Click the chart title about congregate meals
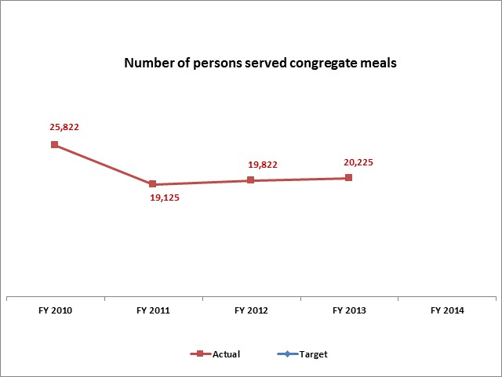point(260,63)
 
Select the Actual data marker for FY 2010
point(54,144)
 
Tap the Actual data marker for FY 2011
point(152,184)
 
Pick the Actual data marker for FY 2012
point(250,180)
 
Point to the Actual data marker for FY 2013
point(348,178)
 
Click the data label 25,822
point(54,125)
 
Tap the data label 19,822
point(263,165)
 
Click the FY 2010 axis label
point(55,310)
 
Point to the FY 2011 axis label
point(153,310)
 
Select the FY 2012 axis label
point(251,310)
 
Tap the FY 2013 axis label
point(349,310)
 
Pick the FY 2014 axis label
point(447,310)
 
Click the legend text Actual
point(227,354)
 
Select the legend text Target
point(314,354)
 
